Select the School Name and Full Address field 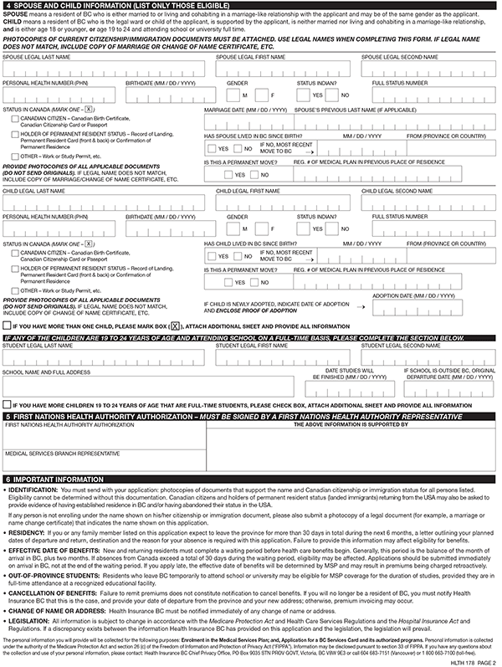[159, 386]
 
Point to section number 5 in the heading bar [8, 416]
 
